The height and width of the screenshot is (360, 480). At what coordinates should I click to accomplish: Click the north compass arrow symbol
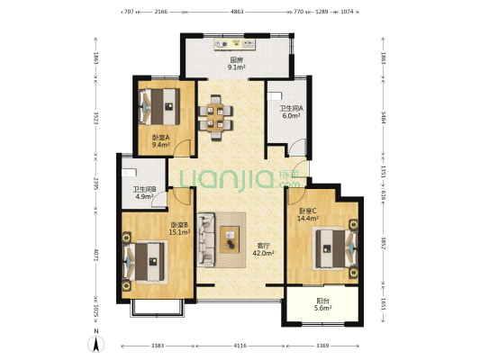95,344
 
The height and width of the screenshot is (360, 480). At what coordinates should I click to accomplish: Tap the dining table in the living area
215,118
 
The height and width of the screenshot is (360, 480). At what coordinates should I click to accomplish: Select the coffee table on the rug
230,239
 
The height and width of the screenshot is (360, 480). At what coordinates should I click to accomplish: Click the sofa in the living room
206,239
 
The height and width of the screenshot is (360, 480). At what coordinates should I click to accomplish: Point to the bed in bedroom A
159,106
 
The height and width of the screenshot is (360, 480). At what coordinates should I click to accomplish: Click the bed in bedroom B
144,262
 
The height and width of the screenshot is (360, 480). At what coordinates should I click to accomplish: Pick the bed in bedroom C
337,248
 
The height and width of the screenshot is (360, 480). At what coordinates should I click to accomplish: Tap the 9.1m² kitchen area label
236,67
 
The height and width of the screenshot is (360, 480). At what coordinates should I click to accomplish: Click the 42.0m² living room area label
263,253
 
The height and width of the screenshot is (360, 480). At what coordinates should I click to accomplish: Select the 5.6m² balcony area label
323,309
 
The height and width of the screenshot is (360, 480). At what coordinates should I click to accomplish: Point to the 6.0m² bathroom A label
291,116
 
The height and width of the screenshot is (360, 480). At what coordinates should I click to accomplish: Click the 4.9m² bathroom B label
144,196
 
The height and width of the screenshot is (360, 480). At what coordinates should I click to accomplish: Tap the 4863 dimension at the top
237,12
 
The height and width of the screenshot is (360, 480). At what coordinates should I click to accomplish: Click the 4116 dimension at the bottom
240,346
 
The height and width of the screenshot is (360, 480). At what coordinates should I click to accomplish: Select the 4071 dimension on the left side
95,255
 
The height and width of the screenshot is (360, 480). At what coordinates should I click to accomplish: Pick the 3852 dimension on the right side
383,243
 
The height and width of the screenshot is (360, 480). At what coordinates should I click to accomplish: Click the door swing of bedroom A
183,148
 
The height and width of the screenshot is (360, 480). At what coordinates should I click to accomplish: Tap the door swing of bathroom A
298,146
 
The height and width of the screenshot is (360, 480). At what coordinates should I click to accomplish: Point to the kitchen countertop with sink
235,44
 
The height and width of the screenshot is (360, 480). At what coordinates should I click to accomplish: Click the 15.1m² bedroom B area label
180,232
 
